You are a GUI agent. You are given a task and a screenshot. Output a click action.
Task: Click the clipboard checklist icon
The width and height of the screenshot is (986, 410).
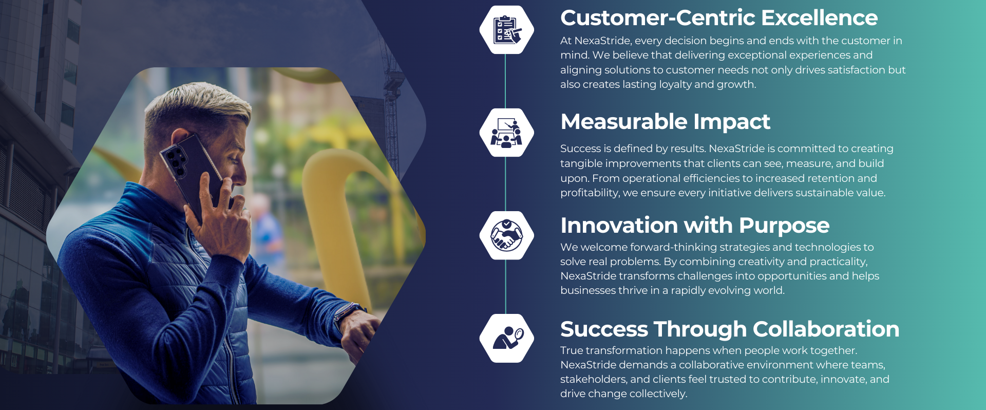(x=507, y=30)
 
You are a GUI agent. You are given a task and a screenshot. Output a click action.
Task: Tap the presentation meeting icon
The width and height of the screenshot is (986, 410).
(x=506, y=133)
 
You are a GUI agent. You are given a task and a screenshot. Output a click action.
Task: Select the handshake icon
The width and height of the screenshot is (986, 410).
(x=506, y=235)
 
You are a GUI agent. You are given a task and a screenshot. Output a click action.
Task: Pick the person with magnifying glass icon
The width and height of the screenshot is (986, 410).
(x=508, y=338)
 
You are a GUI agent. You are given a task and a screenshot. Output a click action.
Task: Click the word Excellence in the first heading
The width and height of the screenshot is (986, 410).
(x=819, y=18)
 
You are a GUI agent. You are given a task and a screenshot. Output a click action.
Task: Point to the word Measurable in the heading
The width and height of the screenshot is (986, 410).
(x=624, y=122)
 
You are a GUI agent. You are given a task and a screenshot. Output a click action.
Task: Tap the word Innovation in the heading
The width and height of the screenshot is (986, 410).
(x=619, y=226)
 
